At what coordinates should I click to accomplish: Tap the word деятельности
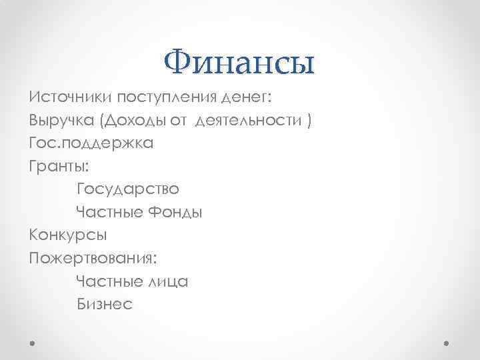click(x=248, y=121)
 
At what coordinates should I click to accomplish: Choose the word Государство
click(x=128, y=189)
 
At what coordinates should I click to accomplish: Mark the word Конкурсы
click(x=68, y=235)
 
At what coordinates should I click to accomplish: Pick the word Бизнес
click(x=105, y=304)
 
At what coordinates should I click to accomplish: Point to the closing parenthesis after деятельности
click(x=307, y=121)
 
